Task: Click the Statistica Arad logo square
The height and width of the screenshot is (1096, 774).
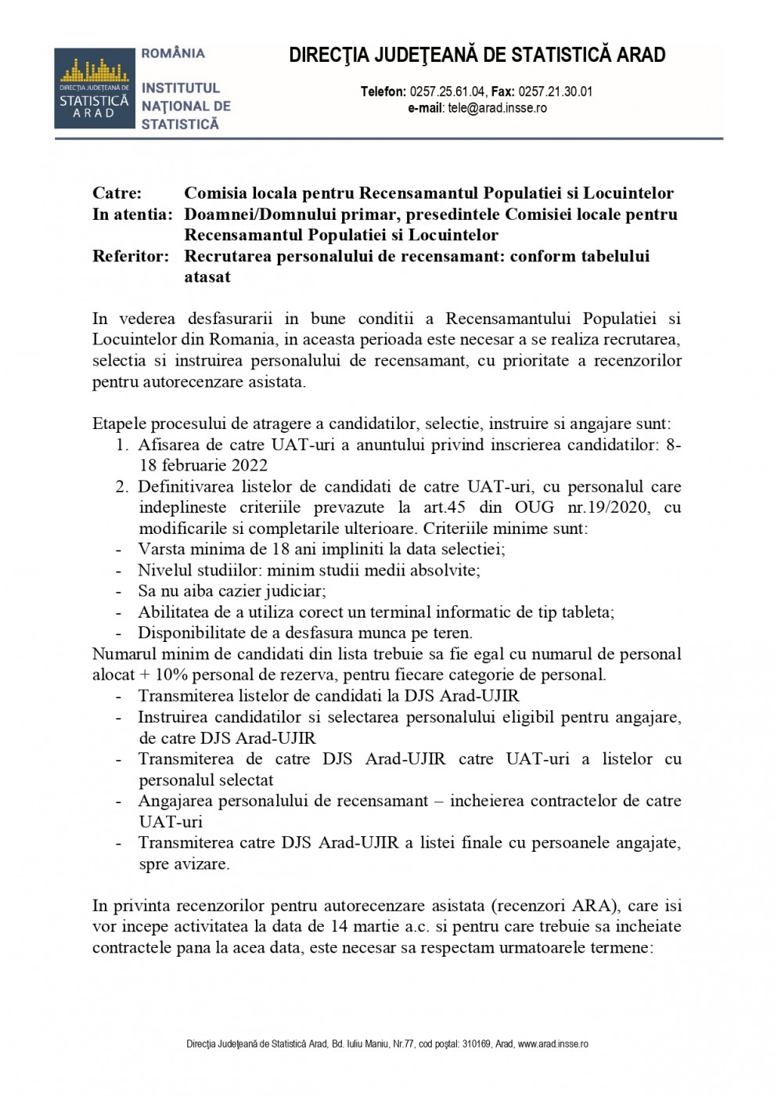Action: click(92, 88)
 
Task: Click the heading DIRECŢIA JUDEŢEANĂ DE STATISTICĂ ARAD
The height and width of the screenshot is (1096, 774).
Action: click(477, 56)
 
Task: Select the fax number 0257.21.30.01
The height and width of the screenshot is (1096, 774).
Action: click(555, 92)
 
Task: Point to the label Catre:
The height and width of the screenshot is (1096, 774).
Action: click(117, 193)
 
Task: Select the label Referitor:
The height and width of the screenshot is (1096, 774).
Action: click(130, 257)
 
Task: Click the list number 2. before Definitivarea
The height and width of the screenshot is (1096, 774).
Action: click(122, 487)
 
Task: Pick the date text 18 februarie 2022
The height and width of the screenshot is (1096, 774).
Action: click(193, 466)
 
